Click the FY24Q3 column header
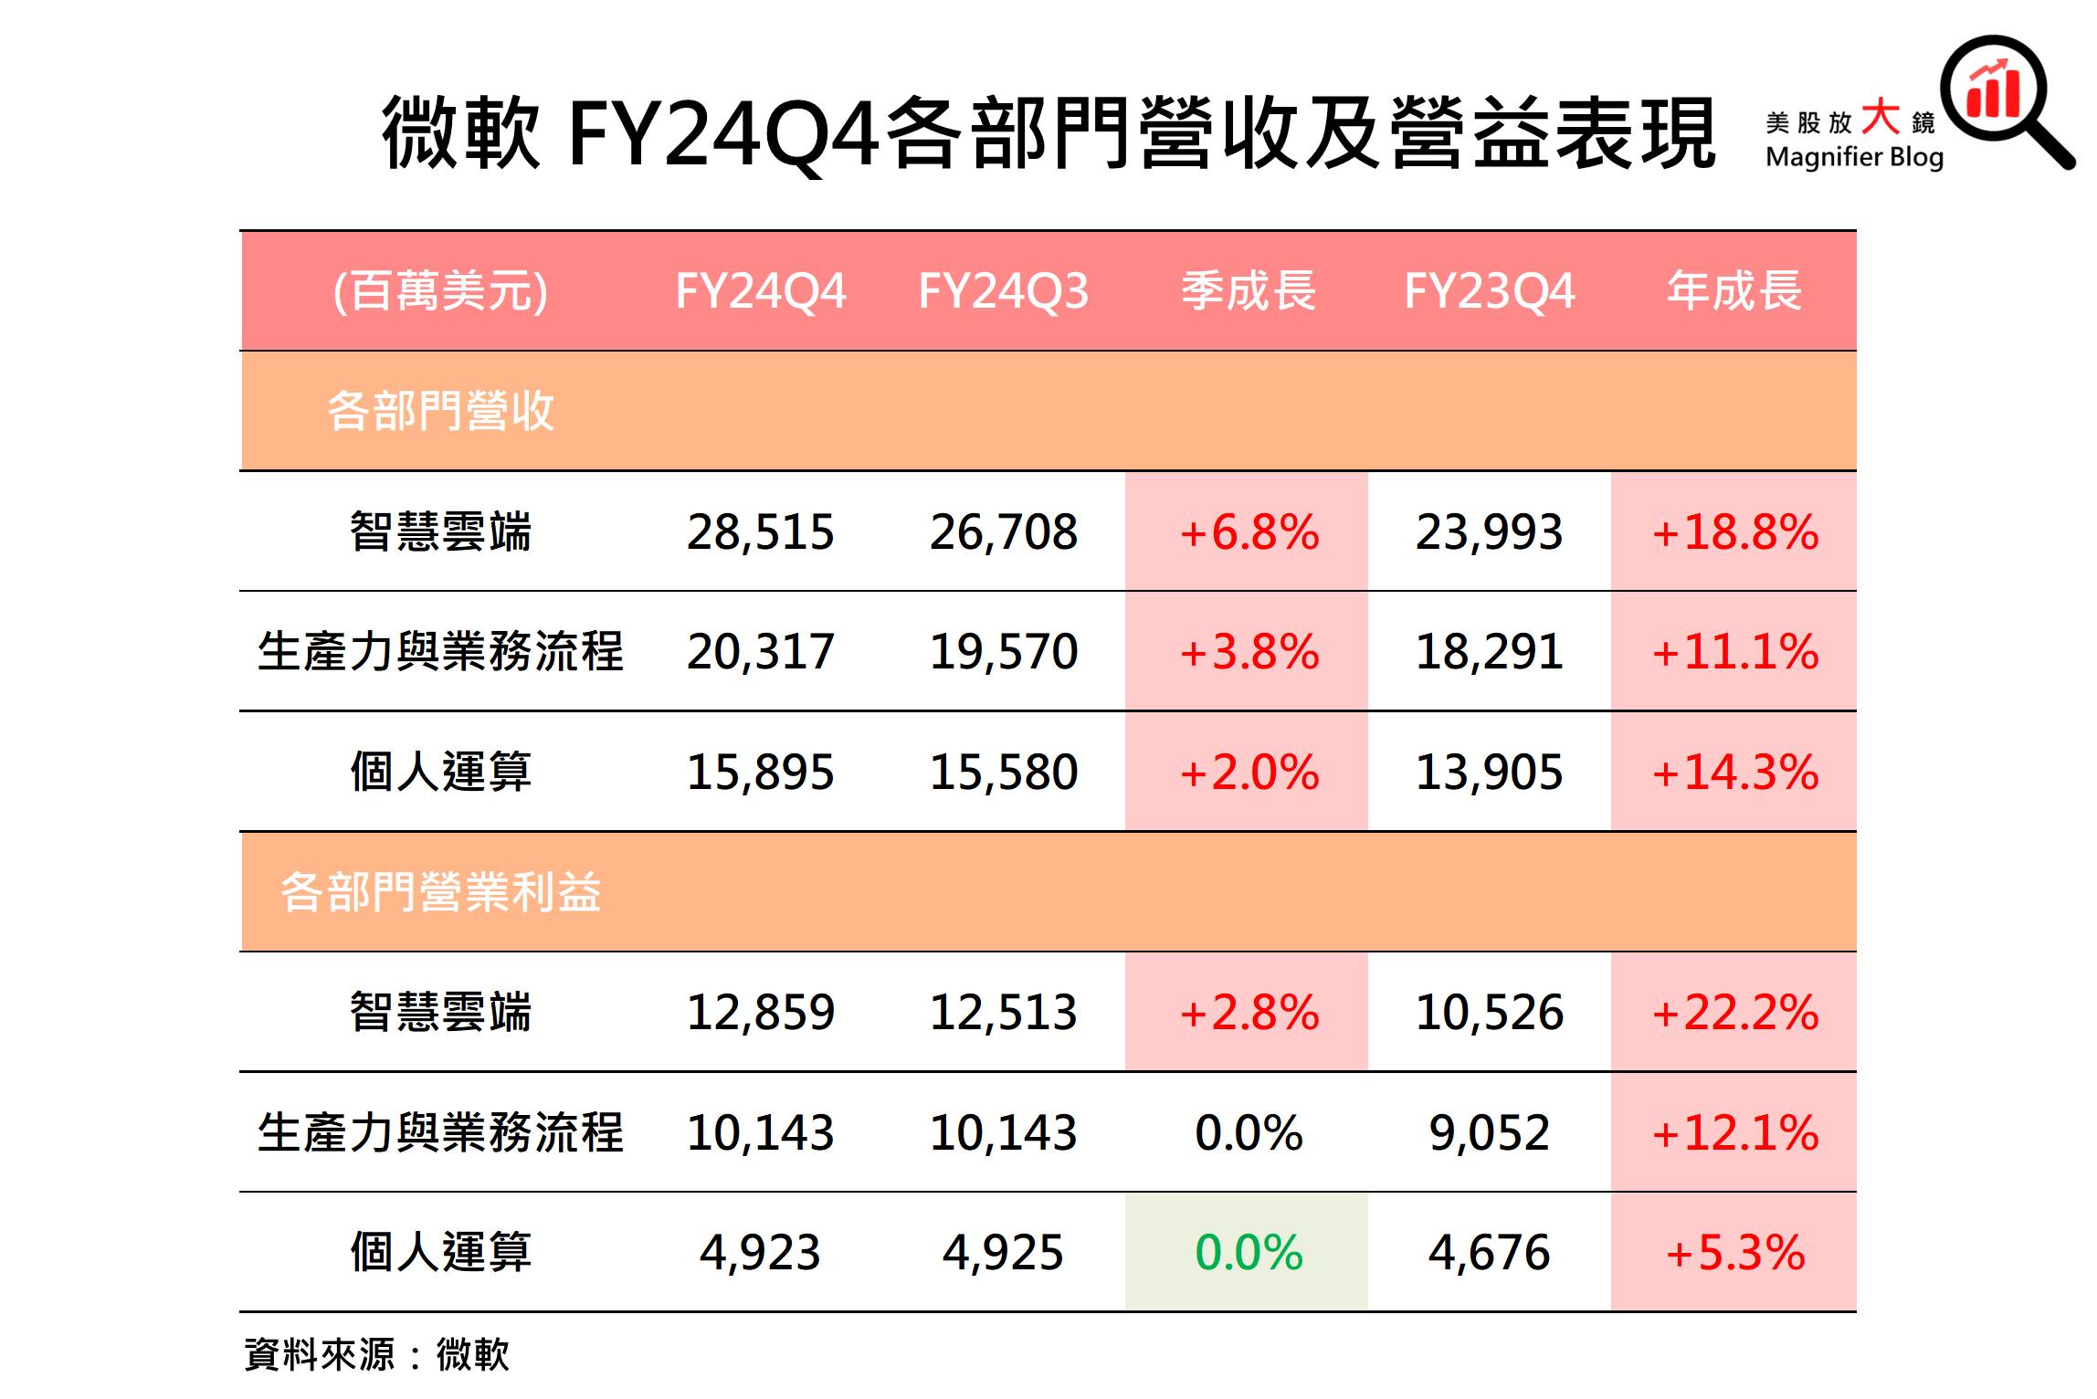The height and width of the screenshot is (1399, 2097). pos(1003,291)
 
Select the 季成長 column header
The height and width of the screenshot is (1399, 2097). pos(1248,291)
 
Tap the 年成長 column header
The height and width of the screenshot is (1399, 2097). pos(1733,291)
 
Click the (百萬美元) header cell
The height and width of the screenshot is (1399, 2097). pos(440,291)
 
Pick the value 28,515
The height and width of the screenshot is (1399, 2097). pos(760,531)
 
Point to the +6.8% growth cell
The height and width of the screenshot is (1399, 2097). pos(1248,531)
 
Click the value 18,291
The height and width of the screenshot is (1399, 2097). pos(1489,652)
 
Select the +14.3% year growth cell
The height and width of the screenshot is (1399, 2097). pos(1733,773)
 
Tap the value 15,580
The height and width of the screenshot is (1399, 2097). pos(1003,773)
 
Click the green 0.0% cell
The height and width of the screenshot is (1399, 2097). pos(1248,1252)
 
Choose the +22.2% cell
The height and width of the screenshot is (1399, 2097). pos(1733,1013)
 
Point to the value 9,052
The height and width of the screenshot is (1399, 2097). pos(1489,1132)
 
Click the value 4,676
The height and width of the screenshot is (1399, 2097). pos(1489,1252)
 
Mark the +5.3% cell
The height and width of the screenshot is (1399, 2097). pos(1733,1252)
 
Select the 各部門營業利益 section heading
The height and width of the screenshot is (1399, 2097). pos(440,892)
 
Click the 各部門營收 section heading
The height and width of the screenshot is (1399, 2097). pos(440,411)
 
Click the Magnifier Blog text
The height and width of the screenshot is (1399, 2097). pos(1854,157)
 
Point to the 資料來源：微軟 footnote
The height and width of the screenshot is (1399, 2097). pos(376,1354)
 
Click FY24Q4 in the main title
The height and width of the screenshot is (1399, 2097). pos(722,135)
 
